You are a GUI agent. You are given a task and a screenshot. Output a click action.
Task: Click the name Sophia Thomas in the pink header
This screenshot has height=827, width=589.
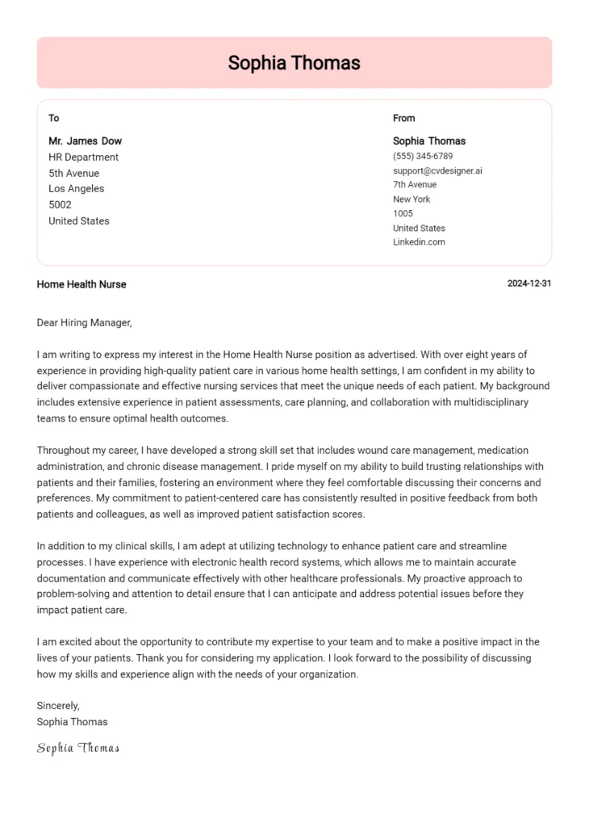(x=294, y=62)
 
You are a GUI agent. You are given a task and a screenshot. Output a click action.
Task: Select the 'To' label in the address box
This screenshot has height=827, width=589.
(x=54, y=118)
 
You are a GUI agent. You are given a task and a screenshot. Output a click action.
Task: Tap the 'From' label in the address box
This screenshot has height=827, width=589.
(x=403, y=118)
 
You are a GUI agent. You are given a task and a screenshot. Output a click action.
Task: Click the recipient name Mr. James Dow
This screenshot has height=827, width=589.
(x=85, y=141)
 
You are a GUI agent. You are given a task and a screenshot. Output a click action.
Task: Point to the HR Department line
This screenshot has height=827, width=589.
(x=83, y=157)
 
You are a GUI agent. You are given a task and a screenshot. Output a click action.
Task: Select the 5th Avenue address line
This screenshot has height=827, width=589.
(x=73, y=173)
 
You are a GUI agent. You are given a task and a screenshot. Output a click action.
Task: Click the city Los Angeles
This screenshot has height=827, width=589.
(x=76, y=189)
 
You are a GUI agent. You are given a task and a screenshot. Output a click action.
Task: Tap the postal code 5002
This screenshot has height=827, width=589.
(x=60, y=205)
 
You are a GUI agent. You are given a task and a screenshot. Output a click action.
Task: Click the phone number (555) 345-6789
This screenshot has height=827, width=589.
(x=423, y=156)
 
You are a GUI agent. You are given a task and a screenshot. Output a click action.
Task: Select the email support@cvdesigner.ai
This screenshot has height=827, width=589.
(x=437, y=170)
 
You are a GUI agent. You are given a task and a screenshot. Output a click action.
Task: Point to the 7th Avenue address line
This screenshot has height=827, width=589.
(x=415, y=185)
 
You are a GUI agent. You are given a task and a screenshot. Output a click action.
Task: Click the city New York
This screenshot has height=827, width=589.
(x=411, y=199)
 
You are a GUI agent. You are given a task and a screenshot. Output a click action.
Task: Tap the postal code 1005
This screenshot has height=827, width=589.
(x=403, y=214)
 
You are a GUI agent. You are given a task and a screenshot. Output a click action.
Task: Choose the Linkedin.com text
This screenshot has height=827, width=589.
(x=419, y=242)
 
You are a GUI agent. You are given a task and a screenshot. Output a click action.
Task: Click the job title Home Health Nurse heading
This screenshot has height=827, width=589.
(x=81, y=284)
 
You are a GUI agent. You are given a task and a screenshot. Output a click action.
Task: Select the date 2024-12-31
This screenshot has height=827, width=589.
(x=529, y=284)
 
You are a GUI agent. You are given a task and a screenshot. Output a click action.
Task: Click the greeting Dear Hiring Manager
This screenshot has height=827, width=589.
(x=84, y=323)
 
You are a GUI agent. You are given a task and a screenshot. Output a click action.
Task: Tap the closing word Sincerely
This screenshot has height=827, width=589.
(x=58, y=706)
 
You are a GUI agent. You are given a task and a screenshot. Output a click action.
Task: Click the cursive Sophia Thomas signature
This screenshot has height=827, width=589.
(x=78, y=749)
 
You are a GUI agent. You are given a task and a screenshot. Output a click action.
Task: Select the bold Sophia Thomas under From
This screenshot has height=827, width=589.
(x=429, y=141)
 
